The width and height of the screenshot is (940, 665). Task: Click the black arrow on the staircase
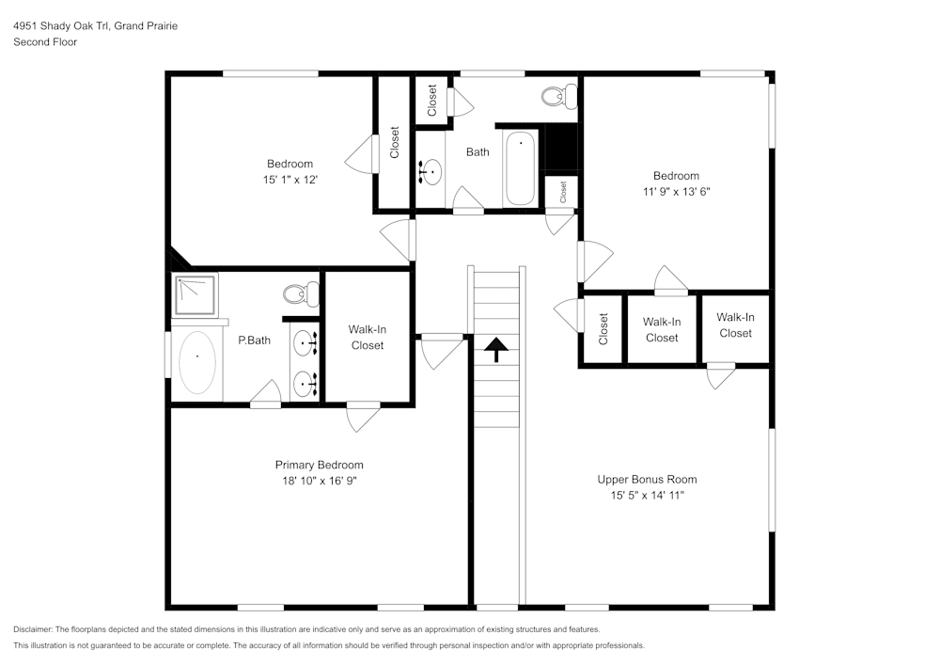495,350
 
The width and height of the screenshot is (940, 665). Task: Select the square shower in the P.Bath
195,294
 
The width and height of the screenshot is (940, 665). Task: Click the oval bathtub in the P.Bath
196,361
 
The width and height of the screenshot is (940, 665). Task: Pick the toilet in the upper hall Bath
560,94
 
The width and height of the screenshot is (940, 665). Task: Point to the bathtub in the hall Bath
520,167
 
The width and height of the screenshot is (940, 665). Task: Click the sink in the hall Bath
431,171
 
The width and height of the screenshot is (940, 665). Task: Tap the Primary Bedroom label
319,465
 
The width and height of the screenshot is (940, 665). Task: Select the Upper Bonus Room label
647,479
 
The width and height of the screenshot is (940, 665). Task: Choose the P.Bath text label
254,340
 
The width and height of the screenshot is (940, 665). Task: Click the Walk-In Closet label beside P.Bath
367,337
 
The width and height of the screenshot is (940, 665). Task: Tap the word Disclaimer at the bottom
34,629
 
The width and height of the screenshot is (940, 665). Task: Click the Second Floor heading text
45,42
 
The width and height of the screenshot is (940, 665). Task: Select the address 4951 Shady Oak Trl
61,26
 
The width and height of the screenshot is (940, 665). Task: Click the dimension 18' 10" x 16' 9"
319,481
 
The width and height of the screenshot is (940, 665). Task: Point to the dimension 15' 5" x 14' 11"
647,495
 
